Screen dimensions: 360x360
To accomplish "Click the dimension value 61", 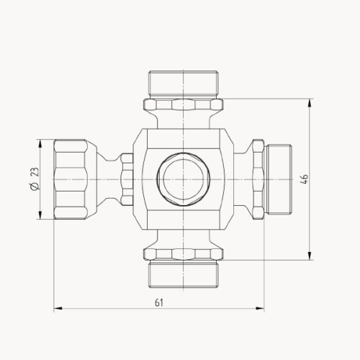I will [158, 303].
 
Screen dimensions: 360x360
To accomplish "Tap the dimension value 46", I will [305, 178].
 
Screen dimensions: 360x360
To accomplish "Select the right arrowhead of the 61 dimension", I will [259, 309].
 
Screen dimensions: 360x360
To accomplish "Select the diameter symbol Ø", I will [34, 188].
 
